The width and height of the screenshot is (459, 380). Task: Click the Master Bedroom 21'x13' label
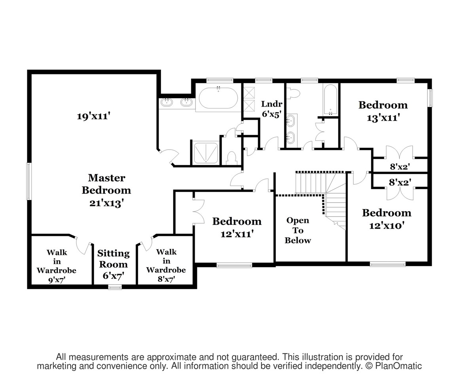coord(106,190)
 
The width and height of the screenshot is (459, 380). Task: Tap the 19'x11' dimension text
coord(93,116)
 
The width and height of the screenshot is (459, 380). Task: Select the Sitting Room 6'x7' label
coord(114,264)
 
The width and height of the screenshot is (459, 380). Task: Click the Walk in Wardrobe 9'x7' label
coord(57,266)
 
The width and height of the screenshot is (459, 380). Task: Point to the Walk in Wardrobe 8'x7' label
coord(166,265)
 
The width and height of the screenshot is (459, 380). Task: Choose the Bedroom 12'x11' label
coord(237,227)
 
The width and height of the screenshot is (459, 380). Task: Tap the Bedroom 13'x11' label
coord(383,111)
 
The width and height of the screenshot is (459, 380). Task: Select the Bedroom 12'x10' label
coord(387,219)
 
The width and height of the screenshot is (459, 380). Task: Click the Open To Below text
coord(298,230)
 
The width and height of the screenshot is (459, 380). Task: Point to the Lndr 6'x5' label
coord(272,109)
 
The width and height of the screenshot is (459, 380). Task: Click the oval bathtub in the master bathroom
coord(218,98)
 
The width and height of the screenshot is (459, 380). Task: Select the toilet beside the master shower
coord(232,158)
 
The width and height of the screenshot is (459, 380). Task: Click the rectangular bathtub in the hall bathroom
coord(331,100)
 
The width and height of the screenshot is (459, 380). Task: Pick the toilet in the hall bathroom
coord(293,93)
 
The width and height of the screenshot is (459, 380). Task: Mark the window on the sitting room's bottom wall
coord(115,288)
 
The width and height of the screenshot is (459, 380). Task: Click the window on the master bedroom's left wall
coord(28,182)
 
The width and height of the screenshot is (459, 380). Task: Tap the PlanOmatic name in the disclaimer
coord(398,366)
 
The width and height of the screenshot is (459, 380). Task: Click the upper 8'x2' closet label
coord(400,167)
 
